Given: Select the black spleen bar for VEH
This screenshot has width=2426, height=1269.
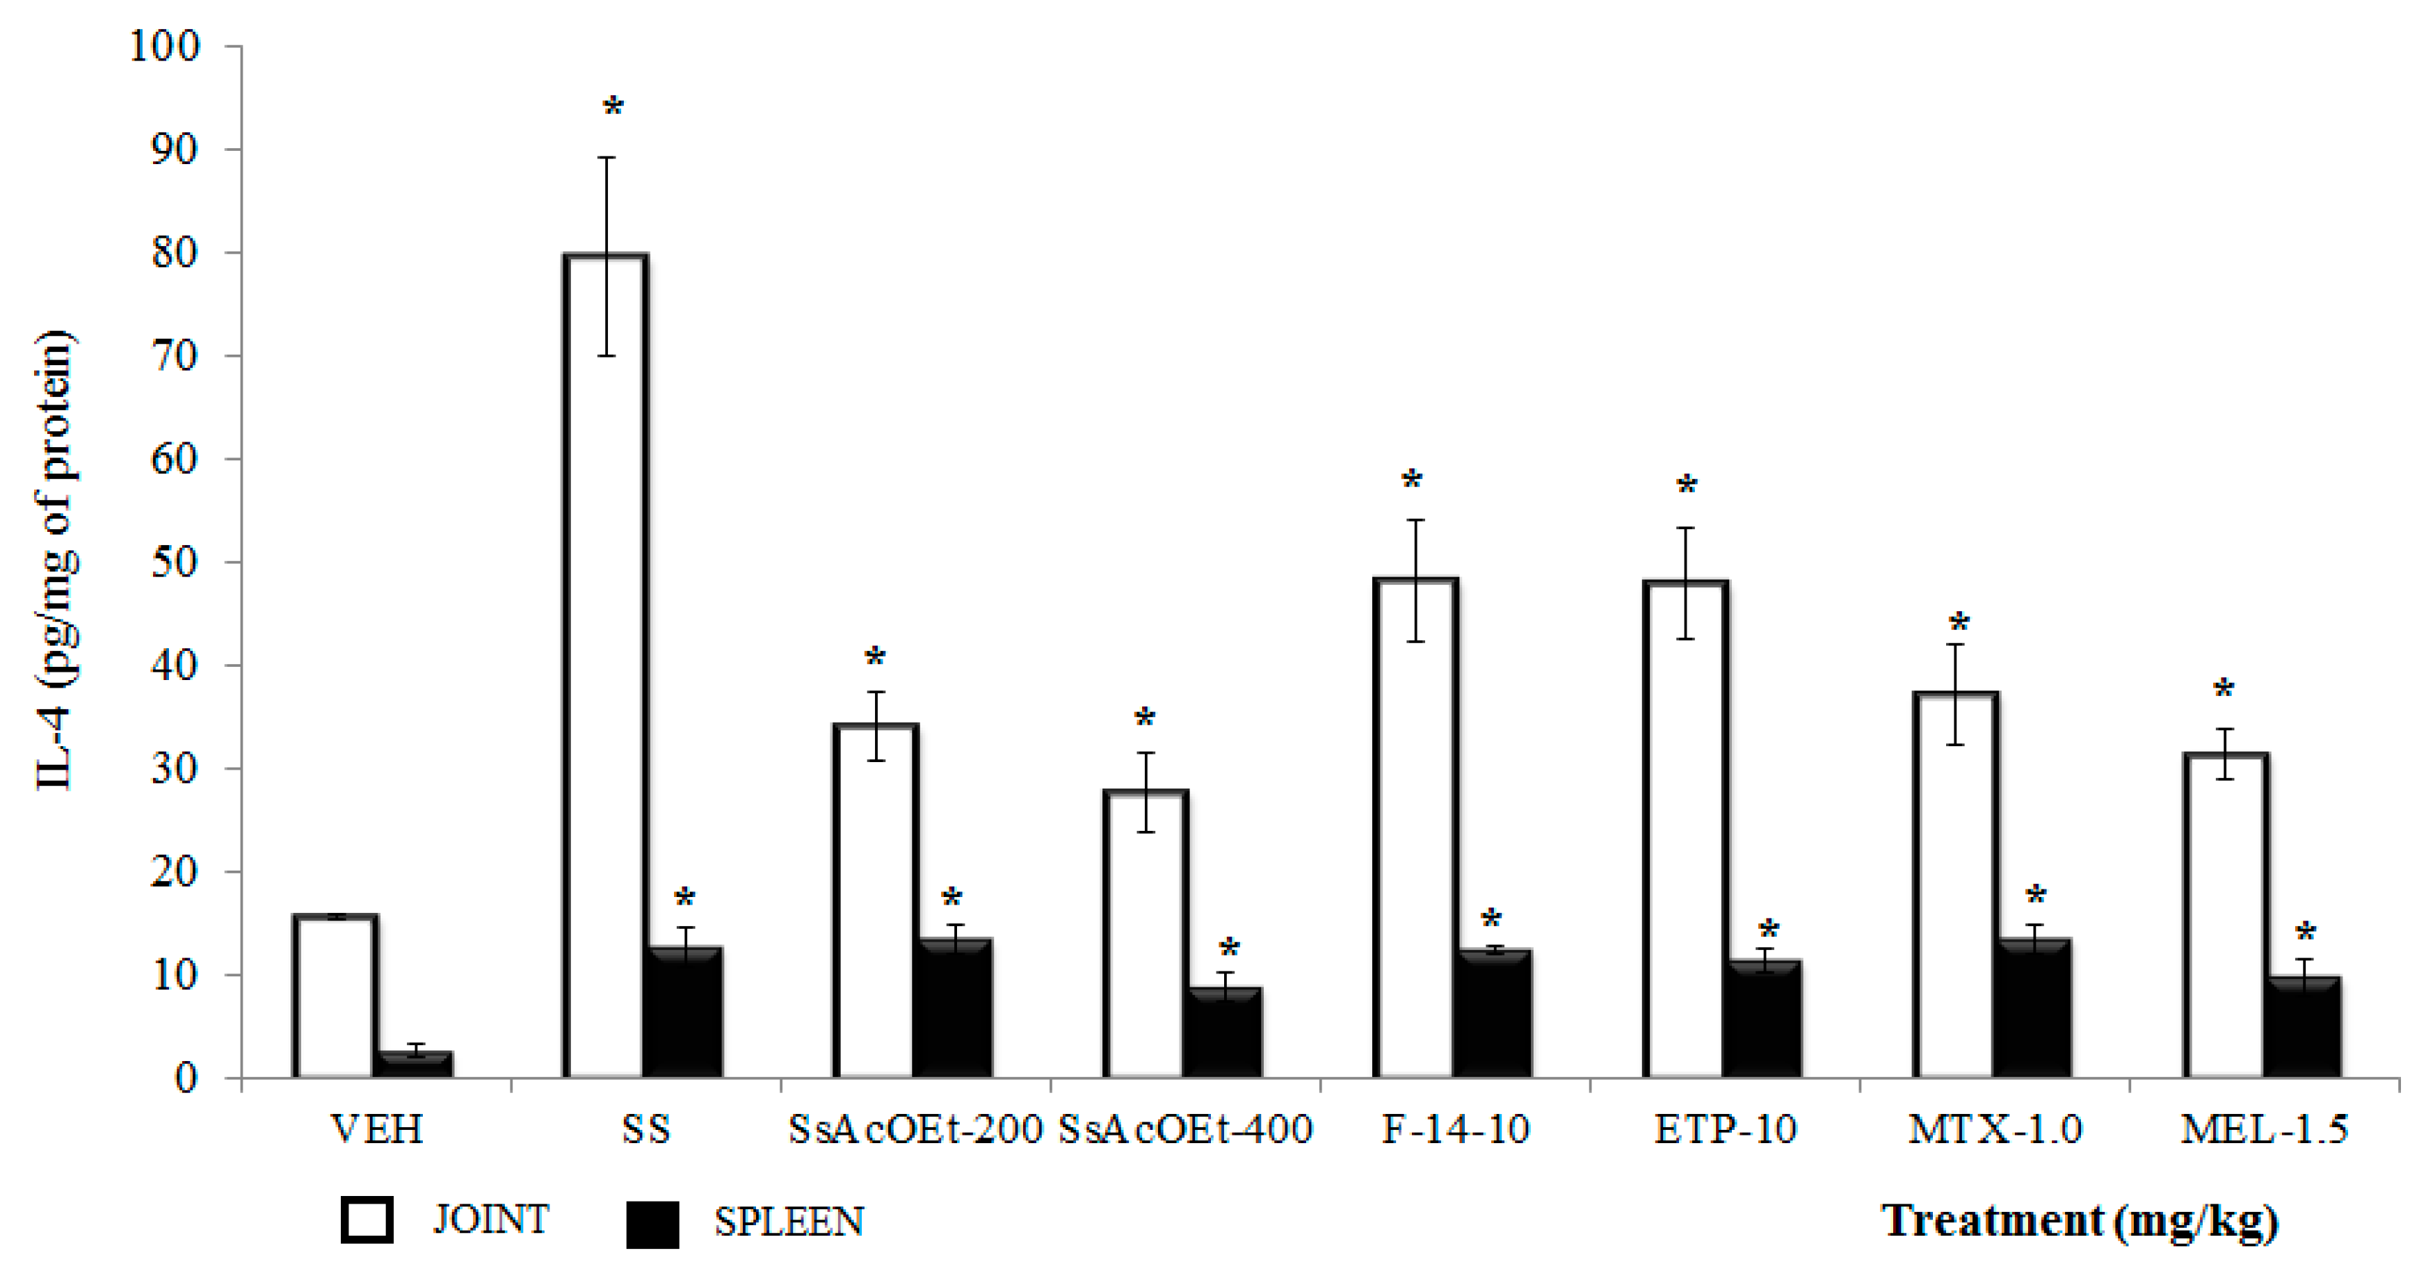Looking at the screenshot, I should click(413, 1065).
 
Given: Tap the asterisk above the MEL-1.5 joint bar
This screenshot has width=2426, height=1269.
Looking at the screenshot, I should click(2224, 690).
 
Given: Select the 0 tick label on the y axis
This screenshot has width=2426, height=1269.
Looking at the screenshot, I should click(186, 1078).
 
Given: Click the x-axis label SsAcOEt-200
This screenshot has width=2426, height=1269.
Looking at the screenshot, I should click(915, 1129).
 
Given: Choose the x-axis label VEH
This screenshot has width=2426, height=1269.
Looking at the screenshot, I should click(377, 1129).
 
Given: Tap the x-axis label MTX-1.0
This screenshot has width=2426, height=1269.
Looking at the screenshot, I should click(1995, 1129).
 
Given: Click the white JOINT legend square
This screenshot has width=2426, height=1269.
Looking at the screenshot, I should click(367, 1221).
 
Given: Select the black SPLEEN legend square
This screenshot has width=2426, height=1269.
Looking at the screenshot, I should click(652, 1224).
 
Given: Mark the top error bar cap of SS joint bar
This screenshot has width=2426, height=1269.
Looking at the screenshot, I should click(607, 157).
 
